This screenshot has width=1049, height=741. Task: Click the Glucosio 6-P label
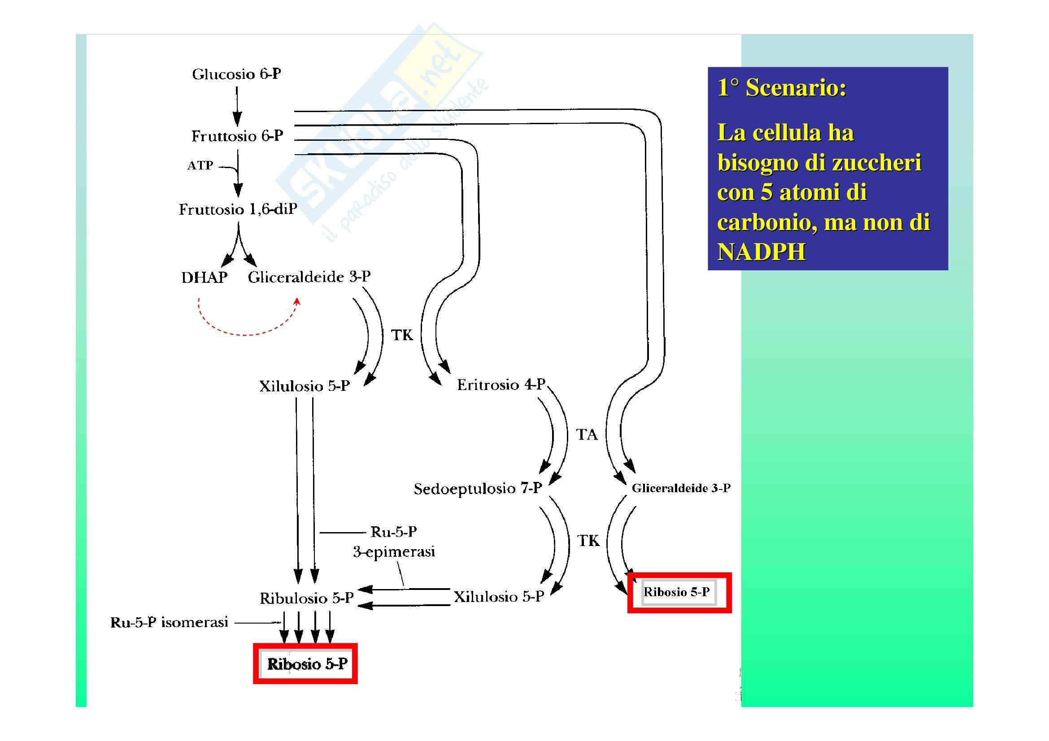pyautogui.click(x=236, y=74)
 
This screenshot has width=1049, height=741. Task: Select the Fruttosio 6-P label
pyautogui.click(x=237, y=136)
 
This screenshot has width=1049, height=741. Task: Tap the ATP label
pyautogui.click(x=200, y=165)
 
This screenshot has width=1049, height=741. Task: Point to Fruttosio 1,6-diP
pyautogui.click(x=238, y=209)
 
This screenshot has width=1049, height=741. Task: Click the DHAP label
pyautogui.click(x=204, y=277)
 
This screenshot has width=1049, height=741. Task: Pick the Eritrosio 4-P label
pyautogui.click(x=501, y=385)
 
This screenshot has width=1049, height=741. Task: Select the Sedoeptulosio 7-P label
pyautogui.click(x=478, y=489)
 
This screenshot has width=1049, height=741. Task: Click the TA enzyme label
pyautogui.click(x=587, y=435)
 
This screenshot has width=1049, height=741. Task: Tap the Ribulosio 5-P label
pyautogui.click(x=307, y=598)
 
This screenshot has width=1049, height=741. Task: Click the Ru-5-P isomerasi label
pyautogui.click(x=169, y=622)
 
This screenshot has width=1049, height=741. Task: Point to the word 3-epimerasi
pyautogui.click(x=394, y=552)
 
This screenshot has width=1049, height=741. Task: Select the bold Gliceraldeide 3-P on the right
pyautogui.click(x=681, y=489)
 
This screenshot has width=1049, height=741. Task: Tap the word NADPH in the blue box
pyautogui.click(x=762, y=252)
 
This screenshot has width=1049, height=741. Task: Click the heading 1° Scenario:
pyautogui.click(x=782, y=88)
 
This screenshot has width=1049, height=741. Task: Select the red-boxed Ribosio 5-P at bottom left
pyautogui.click(x=307, y=664)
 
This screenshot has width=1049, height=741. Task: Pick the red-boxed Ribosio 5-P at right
pyautogui.click(x=677, y=592)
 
